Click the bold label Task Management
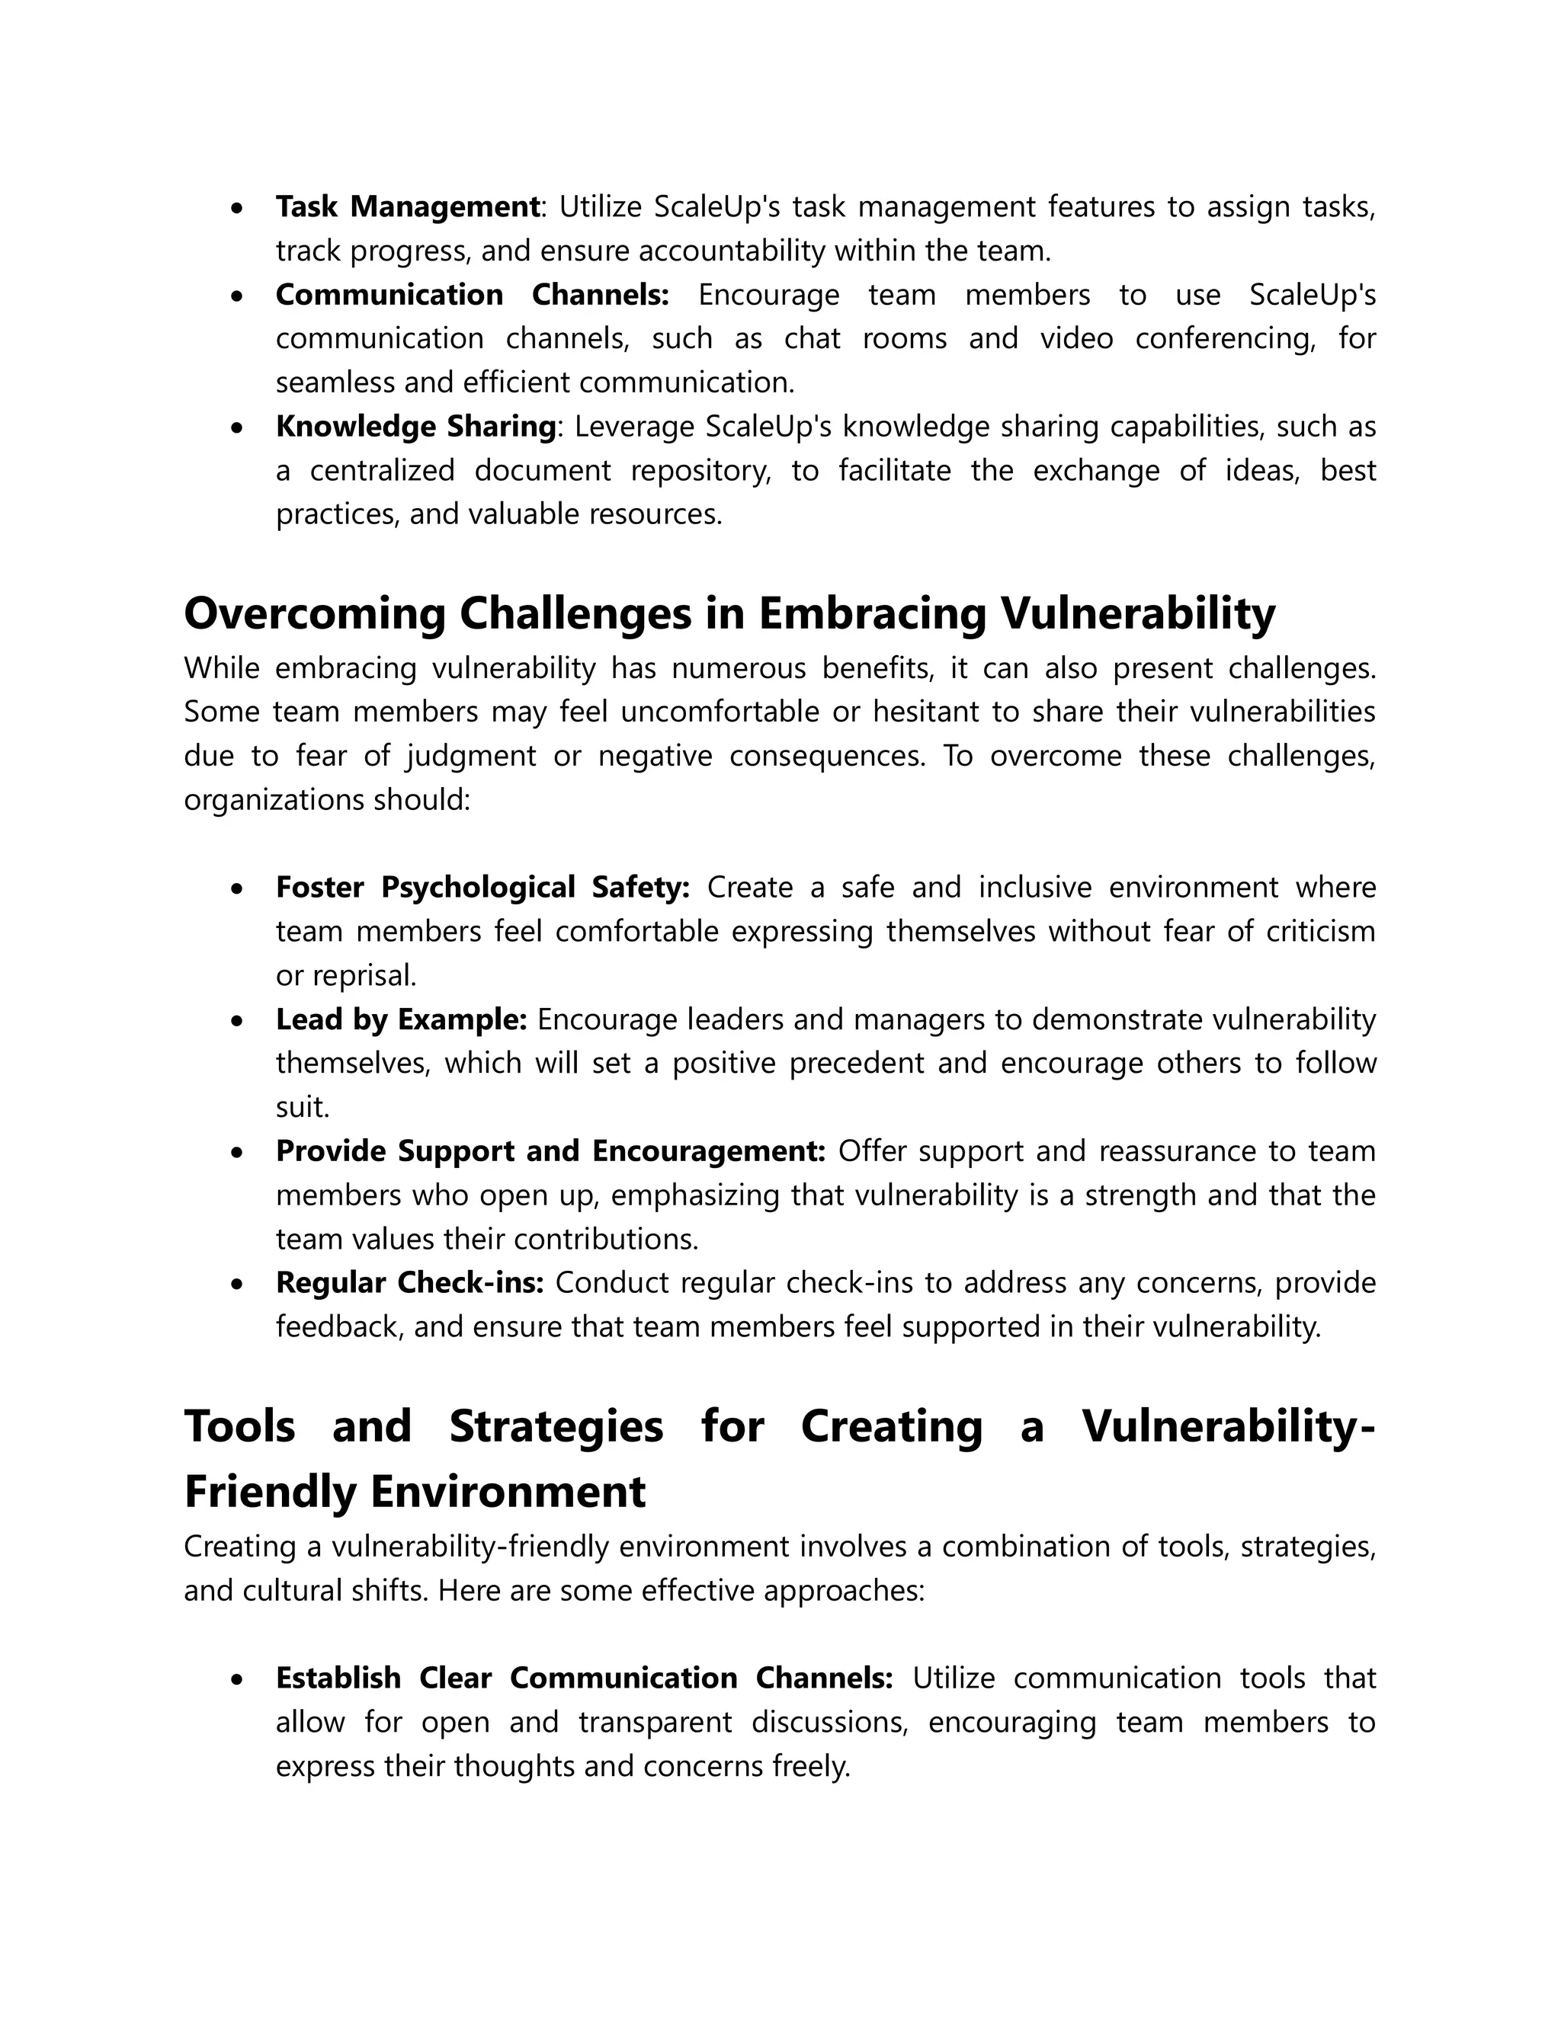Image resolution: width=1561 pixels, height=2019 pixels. (x=407, y=206)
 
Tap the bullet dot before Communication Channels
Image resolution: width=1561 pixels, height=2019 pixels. (x=239, y=296)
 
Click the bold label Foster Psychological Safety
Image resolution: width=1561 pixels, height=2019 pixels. (x=482, y=887)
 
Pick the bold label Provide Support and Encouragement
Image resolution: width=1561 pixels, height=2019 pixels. (x=550, y=1151)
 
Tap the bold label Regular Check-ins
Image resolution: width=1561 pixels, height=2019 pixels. (x=409, y=1282)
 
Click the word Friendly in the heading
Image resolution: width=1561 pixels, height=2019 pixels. (x=269, y=1491)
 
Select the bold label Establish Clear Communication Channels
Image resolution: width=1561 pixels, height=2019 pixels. (x=585, y=1678)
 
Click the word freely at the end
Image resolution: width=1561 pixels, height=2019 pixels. (x=810, y=1766)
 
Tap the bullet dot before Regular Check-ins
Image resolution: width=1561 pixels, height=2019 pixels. (x=239, y=1284)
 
